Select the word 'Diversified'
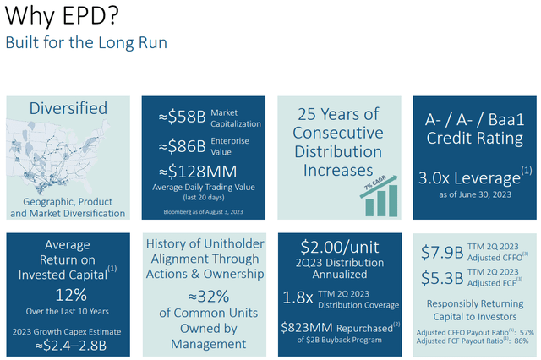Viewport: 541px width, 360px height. [x=68, y=108]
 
